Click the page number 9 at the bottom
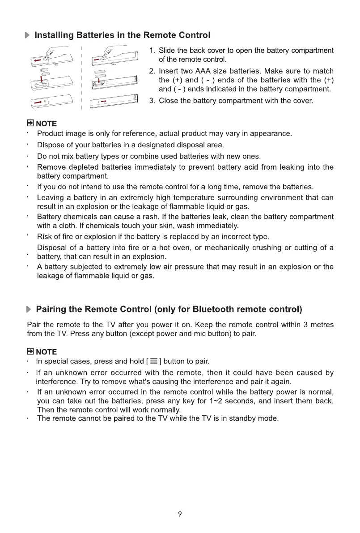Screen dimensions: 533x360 (x=180, y=514)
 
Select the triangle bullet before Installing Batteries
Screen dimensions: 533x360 (x=28, y=35)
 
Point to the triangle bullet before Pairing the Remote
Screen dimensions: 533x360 (x=29, y=309)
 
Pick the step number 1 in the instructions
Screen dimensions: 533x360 (x=152, y=51)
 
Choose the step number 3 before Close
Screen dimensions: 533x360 (x=152, y=101)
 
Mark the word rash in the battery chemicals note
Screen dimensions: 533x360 (x=133, y=217)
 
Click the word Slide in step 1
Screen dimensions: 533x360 (x=168, y=51)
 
